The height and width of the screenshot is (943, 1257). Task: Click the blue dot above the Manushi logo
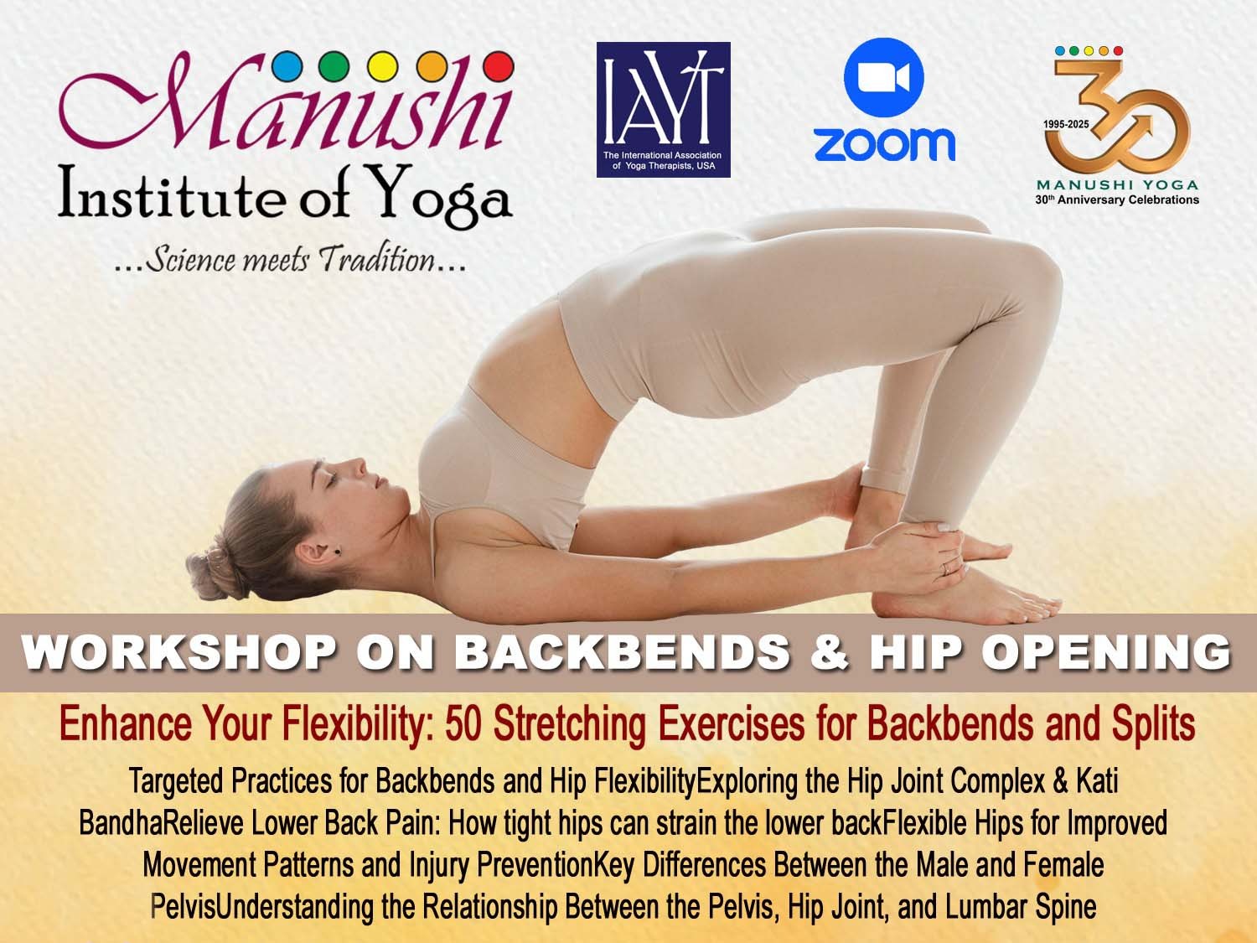coord(287,66)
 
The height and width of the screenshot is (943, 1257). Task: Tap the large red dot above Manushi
coord(499,66)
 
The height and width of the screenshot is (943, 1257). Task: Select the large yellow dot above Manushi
coord(382,66)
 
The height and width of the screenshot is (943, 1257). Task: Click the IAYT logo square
coord(663,109)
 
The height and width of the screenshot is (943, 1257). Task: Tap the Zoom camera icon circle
coord(883,78)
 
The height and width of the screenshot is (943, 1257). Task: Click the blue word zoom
coord(884,144)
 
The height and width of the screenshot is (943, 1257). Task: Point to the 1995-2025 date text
coord(1066,124)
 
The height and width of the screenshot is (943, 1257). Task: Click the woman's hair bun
coord(213,570)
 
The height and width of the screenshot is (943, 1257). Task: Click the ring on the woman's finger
coord(945,568)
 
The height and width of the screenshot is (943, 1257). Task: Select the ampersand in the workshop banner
coord(830,653)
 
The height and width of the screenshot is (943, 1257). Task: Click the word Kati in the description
coord(1097,780)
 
